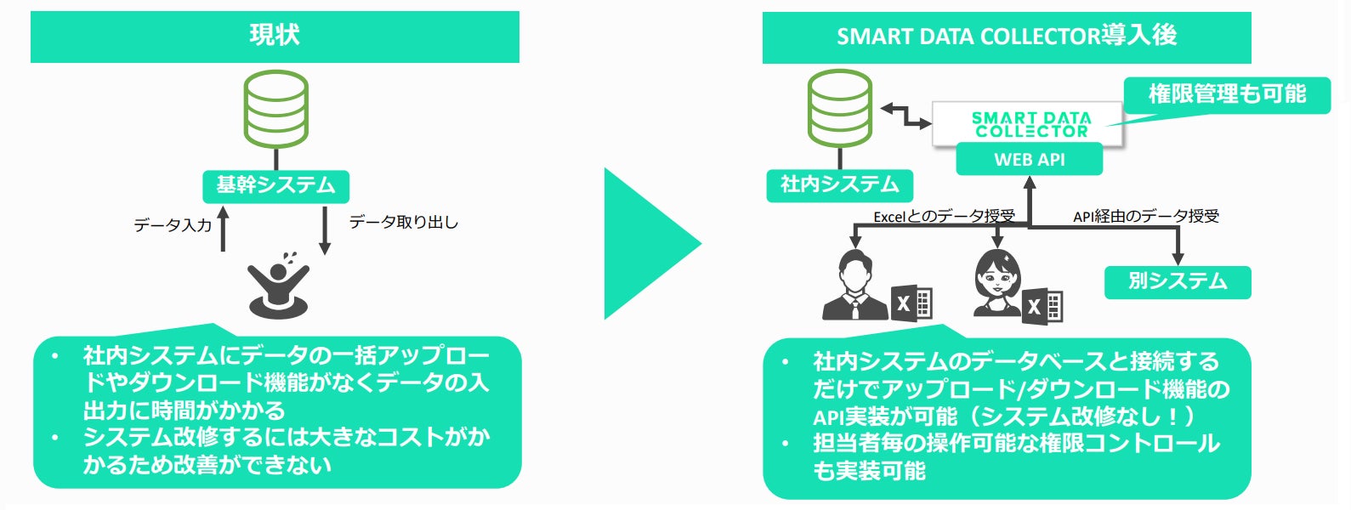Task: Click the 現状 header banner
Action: pyautogui.click(x=275, y=37)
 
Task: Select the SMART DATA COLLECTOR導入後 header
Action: pyautogui.click(x=1006, y=37)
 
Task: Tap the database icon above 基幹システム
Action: pyautogui.click(x=275, y=109)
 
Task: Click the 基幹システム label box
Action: pyautogui.click(x=275, y=185)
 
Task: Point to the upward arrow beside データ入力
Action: pyautogui.click(x=224, y=229)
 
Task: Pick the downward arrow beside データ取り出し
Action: pyautogui.click(x=324, y=229)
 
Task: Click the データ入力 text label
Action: pyautogui.click(x=173, y=225)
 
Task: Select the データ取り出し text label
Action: pyautogui.click(x=404, y=223)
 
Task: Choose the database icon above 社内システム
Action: pyautogui.click(x=839, y=109)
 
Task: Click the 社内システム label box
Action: pyautogui.click(x=839, y=184)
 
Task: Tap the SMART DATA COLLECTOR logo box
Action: pyautogui.click(x=1030, y=124)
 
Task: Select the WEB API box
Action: pyautogui.click(x=1029, y=159)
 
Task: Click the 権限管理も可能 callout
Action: pyautogui.click(x=1226, y=94)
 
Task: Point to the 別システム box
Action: pyautogui.click(x=1178, y=281)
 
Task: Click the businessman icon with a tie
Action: pyautogui.click(x=855, y=286)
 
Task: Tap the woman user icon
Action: pyautogui.click(x=997, y=283)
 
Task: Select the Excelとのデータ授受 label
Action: pyautogui.click(x=944, y=216)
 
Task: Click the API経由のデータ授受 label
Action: pyautogui.click(x=1145, y=216)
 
